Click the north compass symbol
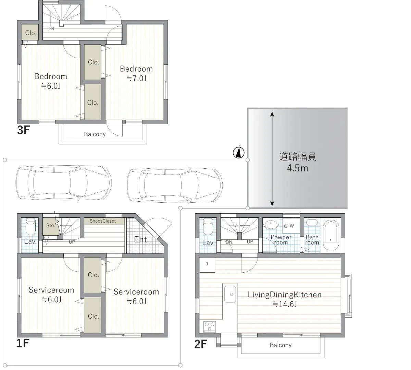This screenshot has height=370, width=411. (x=238, y=153)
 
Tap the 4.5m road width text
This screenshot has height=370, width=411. (x=297, y=168)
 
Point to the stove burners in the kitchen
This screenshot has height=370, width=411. (x=209, y=326)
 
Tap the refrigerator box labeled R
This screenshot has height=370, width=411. (x=207, y=264)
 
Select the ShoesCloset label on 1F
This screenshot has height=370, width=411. (x=102, y=221)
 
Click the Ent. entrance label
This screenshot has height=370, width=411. (x=141, y=240)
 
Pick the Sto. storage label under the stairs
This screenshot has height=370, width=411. (x=51, y=226)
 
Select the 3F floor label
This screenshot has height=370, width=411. (x=24, y=131)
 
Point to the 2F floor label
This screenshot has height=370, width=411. (x=201, y=344)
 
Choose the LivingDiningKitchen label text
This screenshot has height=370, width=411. (x=284, y=295)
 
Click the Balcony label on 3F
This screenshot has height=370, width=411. (x=95, y=134)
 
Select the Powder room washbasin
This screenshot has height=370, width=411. (x=271, y=225)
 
